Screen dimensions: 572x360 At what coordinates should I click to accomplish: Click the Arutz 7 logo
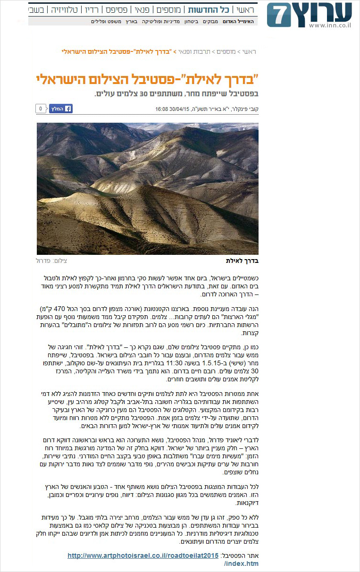(310, 15)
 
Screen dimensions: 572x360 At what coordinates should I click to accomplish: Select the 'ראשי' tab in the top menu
(245, 10)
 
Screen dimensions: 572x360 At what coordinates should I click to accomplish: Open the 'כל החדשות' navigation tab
(209, 10)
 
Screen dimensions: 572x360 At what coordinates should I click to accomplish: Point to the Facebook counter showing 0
(41, 109)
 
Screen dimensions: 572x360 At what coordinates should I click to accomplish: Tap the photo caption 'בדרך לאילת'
(243, 261)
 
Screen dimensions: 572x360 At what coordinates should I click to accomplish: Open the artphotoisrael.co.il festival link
(143, 555)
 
